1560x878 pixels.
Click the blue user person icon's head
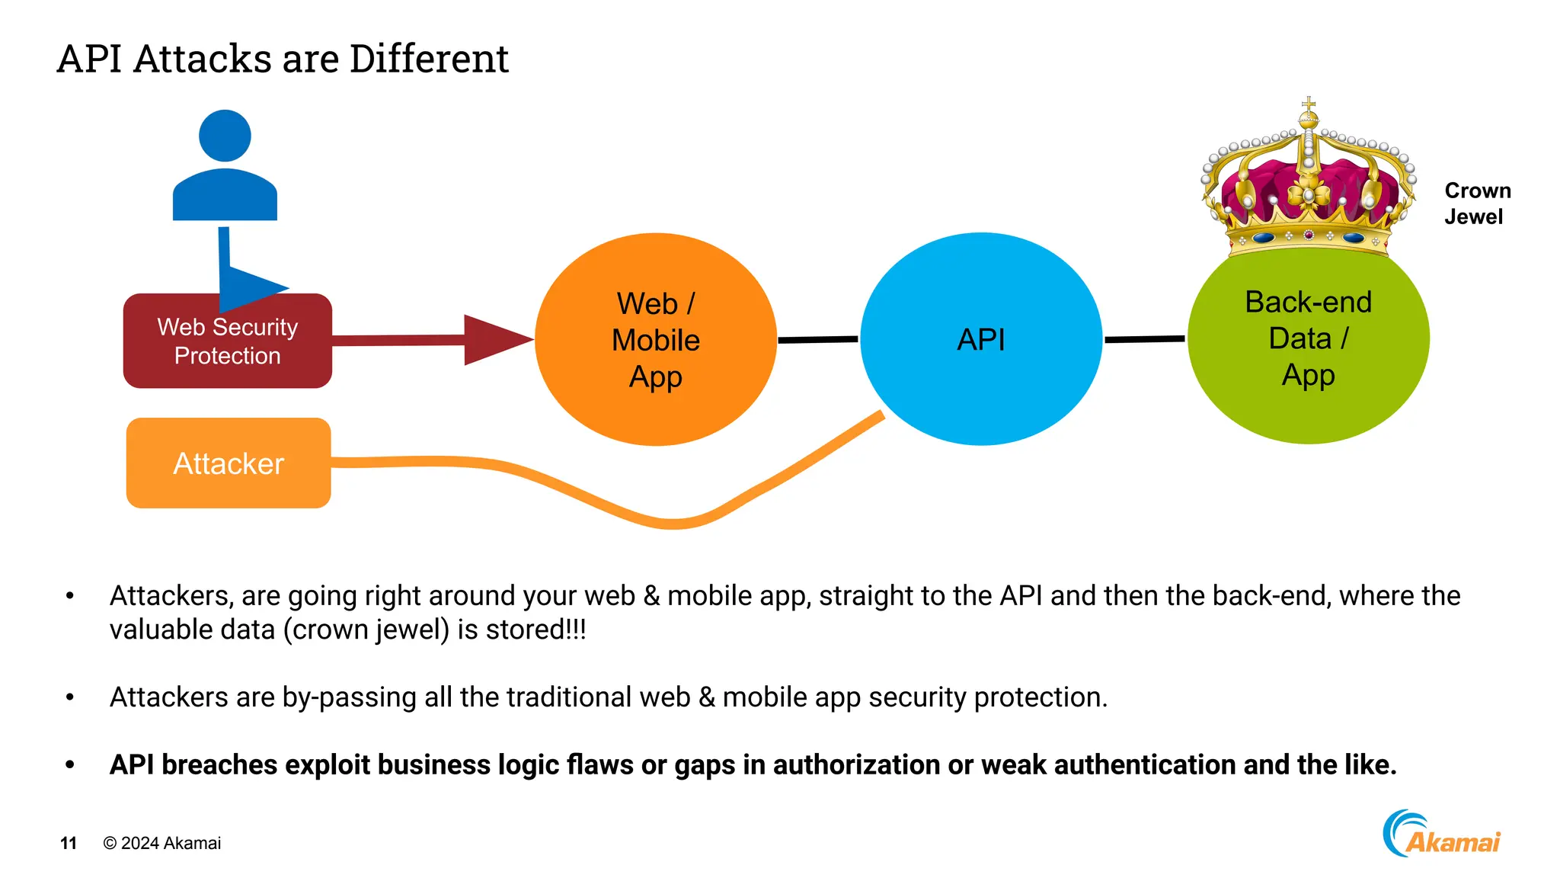[225, 136]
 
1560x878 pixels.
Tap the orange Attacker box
[229, 463]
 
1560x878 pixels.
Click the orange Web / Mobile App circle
[655, 340]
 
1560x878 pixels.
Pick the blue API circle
[980, 340]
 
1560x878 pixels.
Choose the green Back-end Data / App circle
[1308, 339]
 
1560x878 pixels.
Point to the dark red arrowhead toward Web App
[495, 340]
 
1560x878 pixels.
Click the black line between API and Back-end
[1144, 339]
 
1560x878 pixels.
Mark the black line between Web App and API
[817, 339]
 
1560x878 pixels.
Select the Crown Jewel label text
[1476, 203]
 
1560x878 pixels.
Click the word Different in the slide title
[429, 59]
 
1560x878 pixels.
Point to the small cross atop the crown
[1309, 104]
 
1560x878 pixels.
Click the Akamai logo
[1441, 835]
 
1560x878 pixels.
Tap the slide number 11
[69, 843]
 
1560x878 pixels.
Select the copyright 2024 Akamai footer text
[162, 843]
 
